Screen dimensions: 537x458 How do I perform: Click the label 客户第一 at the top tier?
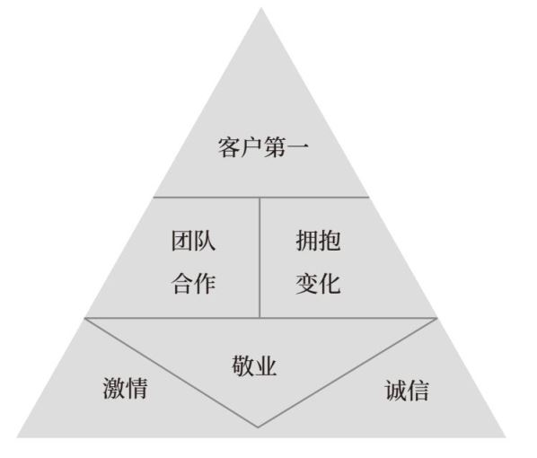click(263, 147)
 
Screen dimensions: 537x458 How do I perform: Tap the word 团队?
click(193, 241)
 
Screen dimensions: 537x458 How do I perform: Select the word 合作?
click(193, 283)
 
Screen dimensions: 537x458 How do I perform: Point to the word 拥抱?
click(318, 241)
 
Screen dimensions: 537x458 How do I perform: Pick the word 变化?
click(318, 283)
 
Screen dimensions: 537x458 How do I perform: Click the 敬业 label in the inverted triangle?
click(254, 366)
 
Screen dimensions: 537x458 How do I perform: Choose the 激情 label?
click(125, 388)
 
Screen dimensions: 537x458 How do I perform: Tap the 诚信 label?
click(407, 390)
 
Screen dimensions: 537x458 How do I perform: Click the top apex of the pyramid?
click(261, 8)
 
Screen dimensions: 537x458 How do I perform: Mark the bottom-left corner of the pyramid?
click(17, 437)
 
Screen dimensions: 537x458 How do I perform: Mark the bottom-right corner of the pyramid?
click(506, 437)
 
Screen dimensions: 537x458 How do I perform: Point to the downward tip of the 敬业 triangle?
click(259, 427)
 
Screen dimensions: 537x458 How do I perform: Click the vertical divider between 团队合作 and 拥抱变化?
click(260, 258)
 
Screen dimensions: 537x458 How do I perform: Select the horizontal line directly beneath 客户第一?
click(261, 198)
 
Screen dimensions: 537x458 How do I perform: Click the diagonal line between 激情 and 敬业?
click(172, 373)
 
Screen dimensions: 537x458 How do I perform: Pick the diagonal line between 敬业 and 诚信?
click(348, 373)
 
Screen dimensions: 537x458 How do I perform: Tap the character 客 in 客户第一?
click(229, 147)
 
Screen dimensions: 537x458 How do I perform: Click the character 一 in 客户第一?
click(298, 146)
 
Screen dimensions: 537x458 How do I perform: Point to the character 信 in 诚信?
click(418, 390)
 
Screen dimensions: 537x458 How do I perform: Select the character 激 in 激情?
click(114, 388)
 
